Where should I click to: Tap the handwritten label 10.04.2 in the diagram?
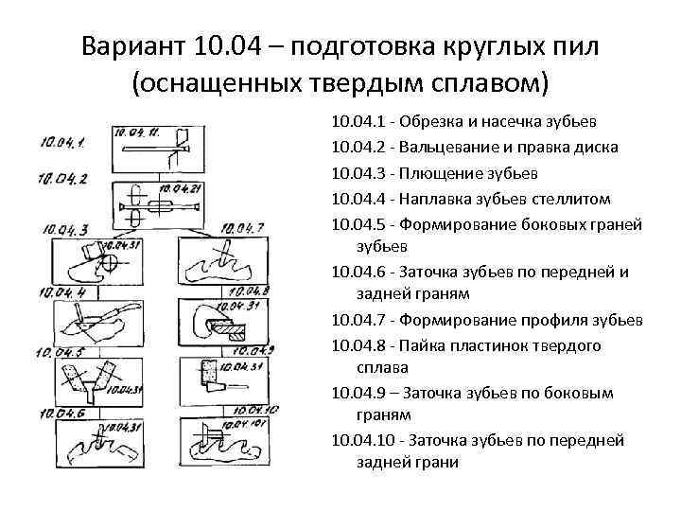click(x=63, y=178)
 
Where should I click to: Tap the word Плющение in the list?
click(x=435, y=173)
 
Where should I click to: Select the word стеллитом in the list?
click(x=577, y=199)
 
